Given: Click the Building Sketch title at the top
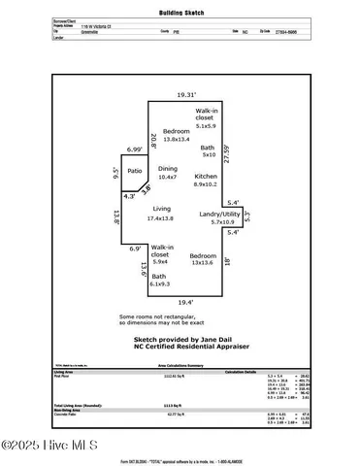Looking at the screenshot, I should pos(180,13).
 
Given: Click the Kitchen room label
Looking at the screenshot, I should pos(205,176).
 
